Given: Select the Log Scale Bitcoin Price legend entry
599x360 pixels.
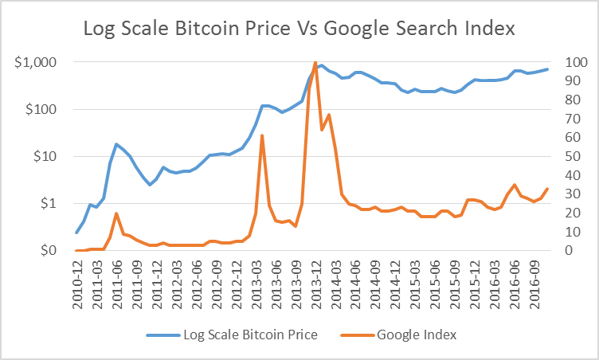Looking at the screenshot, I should [232, 335].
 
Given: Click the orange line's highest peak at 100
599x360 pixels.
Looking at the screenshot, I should [315, 62].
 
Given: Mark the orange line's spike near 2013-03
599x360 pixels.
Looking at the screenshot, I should [262, 135].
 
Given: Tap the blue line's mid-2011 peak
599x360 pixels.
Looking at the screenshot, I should [116, 144].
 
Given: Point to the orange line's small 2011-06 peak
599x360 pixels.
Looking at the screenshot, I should [116, 213].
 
